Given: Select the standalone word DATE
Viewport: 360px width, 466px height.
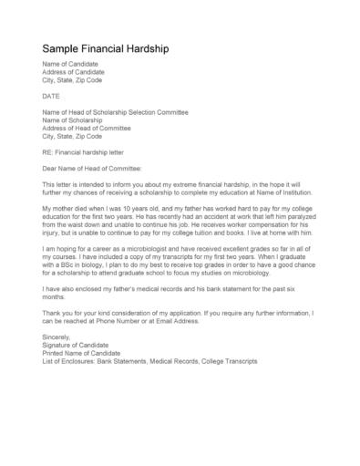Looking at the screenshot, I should point(52,94).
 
